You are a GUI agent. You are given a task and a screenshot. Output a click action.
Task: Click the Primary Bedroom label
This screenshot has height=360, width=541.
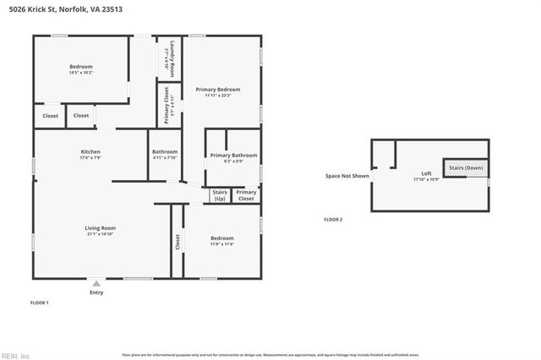tap(217, 90)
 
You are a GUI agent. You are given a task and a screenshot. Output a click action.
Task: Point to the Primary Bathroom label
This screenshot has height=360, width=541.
tap(233, 155)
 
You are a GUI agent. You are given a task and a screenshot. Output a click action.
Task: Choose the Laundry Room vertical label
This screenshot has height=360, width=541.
tap(170, 57)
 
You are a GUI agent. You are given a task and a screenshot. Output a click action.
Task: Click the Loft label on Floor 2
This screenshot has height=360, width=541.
tap(425, 175)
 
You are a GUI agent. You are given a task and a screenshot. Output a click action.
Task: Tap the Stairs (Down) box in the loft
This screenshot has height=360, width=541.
tap(466, 167)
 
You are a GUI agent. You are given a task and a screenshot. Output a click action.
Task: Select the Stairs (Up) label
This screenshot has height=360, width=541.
tap(220, 196)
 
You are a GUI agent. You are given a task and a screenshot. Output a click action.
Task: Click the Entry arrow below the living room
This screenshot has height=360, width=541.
tap(96, 284)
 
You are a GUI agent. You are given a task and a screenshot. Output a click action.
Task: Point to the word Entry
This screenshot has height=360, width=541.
tap(96, 292)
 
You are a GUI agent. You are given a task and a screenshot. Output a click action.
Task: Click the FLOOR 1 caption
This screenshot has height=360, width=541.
tap(40, 302)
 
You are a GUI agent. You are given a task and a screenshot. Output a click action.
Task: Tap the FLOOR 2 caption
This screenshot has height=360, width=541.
tap(333, 219)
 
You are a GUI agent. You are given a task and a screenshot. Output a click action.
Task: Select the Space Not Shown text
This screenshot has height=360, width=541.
tap(347, 176)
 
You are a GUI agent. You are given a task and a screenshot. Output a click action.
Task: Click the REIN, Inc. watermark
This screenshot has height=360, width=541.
tap(15, 355)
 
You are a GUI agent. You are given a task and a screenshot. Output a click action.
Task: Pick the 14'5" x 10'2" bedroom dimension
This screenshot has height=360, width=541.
tap(80, 73)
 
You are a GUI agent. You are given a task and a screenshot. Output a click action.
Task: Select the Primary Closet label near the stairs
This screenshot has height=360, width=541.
tap(246, 196)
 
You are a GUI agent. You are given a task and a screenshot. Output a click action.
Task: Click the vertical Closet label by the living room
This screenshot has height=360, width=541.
tap(178, 243)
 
